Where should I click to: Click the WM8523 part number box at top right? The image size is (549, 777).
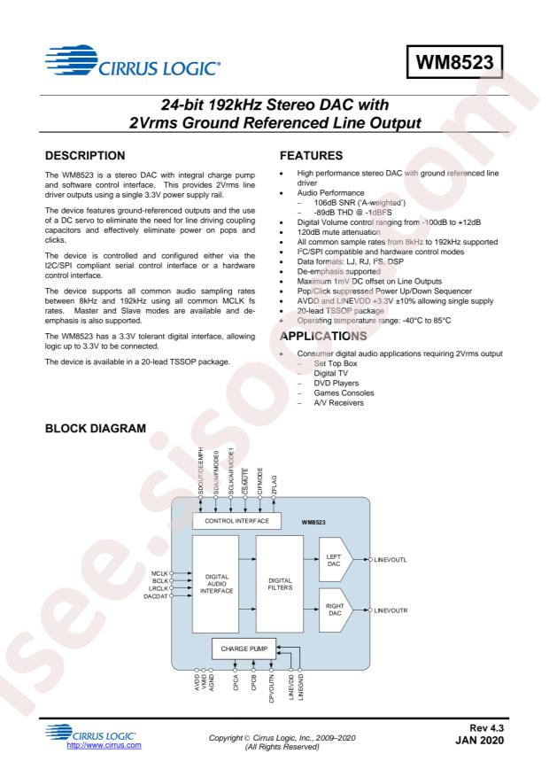[454, 62]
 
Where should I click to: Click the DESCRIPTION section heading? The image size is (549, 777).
[85, 156]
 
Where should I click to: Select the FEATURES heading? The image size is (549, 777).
[311, 156]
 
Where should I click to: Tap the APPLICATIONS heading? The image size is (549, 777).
[323, 336]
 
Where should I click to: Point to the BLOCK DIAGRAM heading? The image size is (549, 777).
[96, 428]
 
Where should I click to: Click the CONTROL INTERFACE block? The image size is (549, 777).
[236, 521]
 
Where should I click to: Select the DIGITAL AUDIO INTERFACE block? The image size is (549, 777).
[216, 584]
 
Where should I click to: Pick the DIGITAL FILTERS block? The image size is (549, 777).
[280, 584]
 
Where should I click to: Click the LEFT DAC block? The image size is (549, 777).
[336, 560]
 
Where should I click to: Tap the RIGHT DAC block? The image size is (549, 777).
[336, 610]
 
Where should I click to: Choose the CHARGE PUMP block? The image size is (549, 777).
[244, 649]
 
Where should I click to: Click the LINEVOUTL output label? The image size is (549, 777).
[390, 560]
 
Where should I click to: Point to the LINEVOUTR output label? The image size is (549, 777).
[390, 610]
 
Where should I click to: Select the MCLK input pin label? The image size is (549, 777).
[159, 573]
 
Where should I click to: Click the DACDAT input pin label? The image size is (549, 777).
[156, 596]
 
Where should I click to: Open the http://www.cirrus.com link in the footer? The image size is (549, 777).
[104, 745]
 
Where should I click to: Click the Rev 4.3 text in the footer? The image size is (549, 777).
[487, 728]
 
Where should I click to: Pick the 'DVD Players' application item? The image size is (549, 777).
[336, 383]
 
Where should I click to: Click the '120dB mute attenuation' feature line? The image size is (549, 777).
[338, 232]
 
